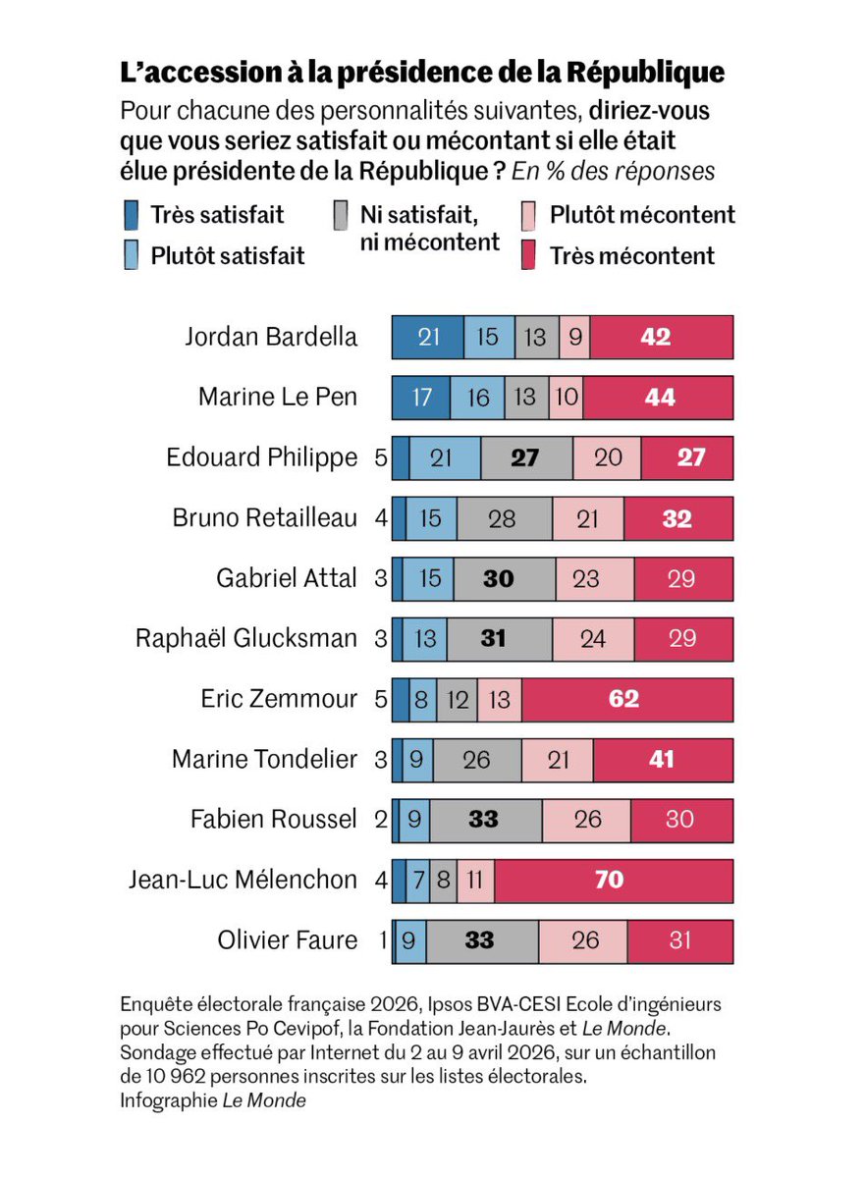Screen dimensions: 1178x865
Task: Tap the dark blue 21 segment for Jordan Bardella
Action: click(x=428, y=337)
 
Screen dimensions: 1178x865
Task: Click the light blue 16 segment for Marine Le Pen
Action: click(x=477, y=398)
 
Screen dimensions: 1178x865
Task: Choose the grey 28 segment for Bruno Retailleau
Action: click(x=504, y=518)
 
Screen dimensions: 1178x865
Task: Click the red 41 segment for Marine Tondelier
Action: click(x=663, y=759)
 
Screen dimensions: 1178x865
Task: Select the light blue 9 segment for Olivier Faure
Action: click(x=409, y=940)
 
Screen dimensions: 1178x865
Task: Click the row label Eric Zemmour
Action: click(x=279, y=699)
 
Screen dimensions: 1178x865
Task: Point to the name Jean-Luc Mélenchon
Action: click(x=243, y=880)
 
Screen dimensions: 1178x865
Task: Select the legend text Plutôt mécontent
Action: click(x=642, y=215)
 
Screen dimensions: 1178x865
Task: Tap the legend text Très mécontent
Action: click(x=631, y=256)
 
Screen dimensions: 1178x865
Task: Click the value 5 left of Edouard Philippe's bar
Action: click(x=382, y=458)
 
